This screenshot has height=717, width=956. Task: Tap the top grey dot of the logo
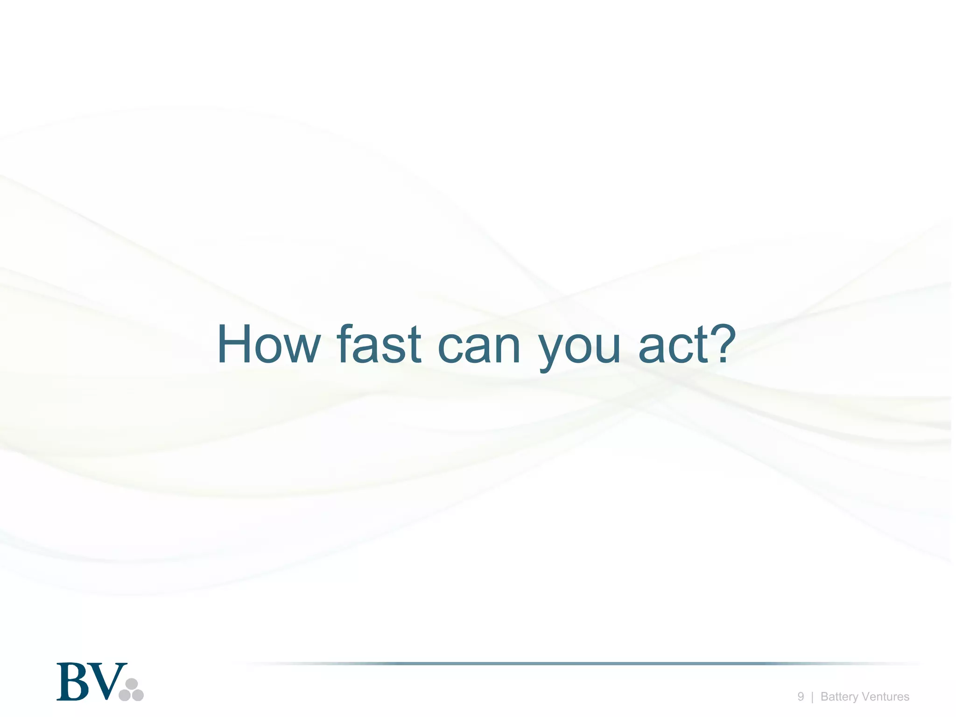132,684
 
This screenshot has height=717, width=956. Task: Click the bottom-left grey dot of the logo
125,695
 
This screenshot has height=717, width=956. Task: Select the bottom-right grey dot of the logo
138,695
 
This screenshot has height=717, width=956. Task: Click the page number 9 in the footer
801,696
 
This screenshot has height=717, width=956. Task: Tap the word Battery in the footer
839,697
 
